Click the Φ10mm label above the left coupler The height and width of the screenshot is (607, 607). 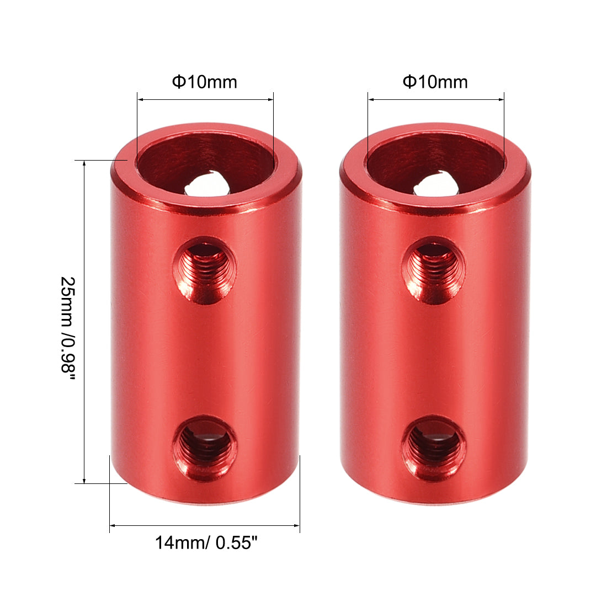point(205,82)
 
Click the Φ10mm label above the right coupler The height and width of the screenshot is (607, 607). point(435,82)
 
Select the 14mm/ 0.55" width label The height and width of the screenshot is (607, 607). point(206,543)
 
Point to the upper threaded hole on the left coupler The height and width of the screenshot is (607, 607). point(204,270)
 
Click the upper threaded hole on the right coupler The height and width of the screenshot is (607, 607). point(433,270)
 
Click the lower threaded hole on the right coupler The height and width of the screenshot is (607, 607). point(434,448)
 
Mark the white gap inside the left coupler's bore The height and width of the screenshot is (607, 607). point(205,185)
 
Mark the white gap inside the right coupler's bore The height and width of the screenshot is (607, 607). point(435,185)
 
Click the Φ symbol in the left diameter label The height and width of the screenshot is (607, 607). point(178,82)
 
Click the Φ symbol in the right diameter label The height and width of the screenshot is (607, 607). point(409,82)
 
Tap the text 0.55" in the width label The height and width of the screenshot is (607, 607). point(237,543)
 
